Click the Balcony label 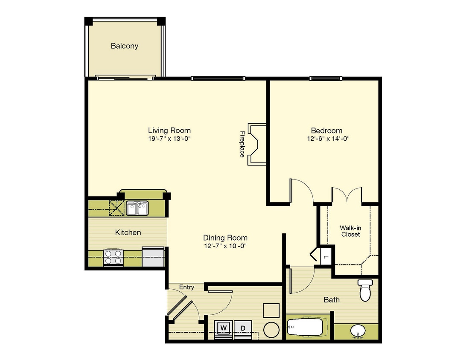(125, 46)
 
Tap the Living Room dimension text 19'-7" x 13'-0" (169, 139)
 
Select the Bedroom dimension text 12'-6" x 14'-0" (328, 139)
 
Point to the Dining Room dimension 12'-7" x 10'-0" (226, 246)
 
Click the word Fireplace (242, 144)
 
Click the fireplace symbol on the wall (257, 144)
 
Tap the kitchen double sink (137, 208)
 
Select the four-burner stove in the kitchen (113, 257)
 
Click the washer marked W (224, 328)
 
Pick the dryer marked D (243, 328)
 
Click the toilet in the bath (365, 290)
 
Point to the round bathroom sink (358, 331)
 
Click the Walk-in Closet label (351, 231)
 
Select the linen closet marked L (326, 256)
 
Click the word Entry (186, 287)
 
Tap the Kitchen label (128, 232)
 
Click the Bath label (332, 300)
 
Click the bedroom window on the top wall (326, 78)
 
